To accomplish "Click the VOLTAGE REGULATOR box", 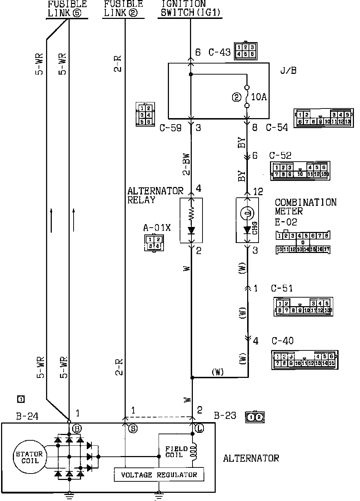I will (x=159, y=475).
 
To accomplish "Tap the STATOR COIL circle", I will (x=29, y=457).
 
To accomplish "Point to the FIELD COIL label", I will (x=174, y=452).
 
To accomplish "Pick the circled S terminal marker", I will (x=132, y=429).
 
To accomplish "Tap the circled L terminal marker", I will (x=199, y=429).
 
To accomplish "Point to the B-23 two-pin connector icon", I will (x=255, y=417).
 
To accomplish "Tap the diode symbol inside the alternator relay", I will (x=191, y=231).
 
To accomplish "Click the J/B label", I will (x=289, y=71).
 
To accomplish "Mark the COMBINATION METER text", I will (x=305, y=207).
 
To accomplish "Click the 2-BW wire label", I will (x=186, y=165).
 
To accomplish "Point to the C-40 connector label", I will (x=282, y=341).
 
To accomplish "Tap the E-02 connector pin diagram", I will (x=303, y=242).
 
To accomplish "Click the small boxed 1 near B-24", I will (x=21, y=399).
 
